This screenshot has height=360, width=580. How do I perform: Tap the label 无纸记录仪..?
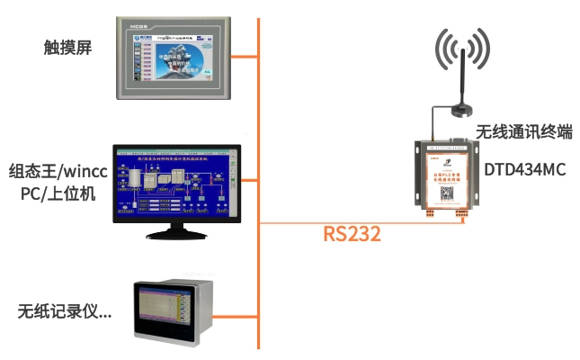(x=64, y=311)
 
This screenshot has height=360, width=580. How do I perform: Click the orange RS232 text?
(x=352, y=235)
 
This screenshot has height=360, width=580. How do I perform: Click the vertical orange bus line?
(x=259, y=180)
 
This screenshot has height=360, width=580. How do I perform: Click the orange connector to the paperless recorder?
(x=236, y=315)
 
